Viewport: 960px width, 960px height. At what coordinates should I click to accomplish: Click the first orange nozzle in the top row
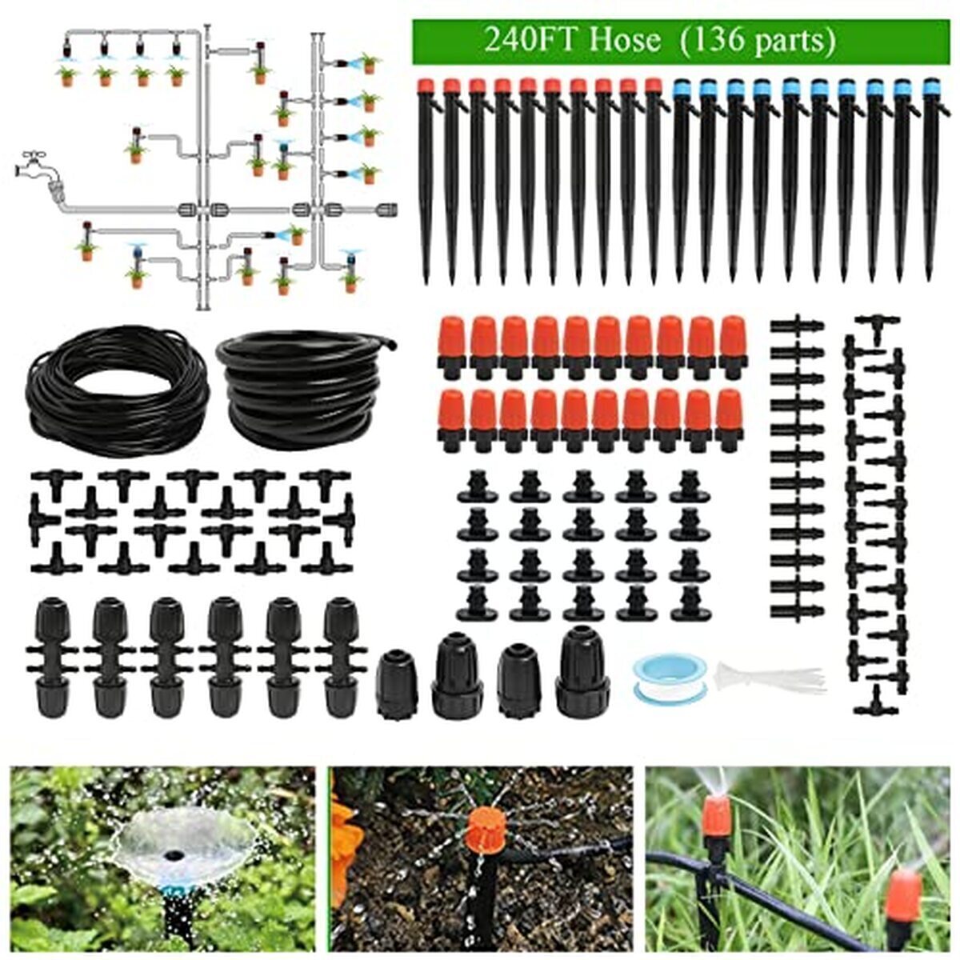(453, 344)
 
